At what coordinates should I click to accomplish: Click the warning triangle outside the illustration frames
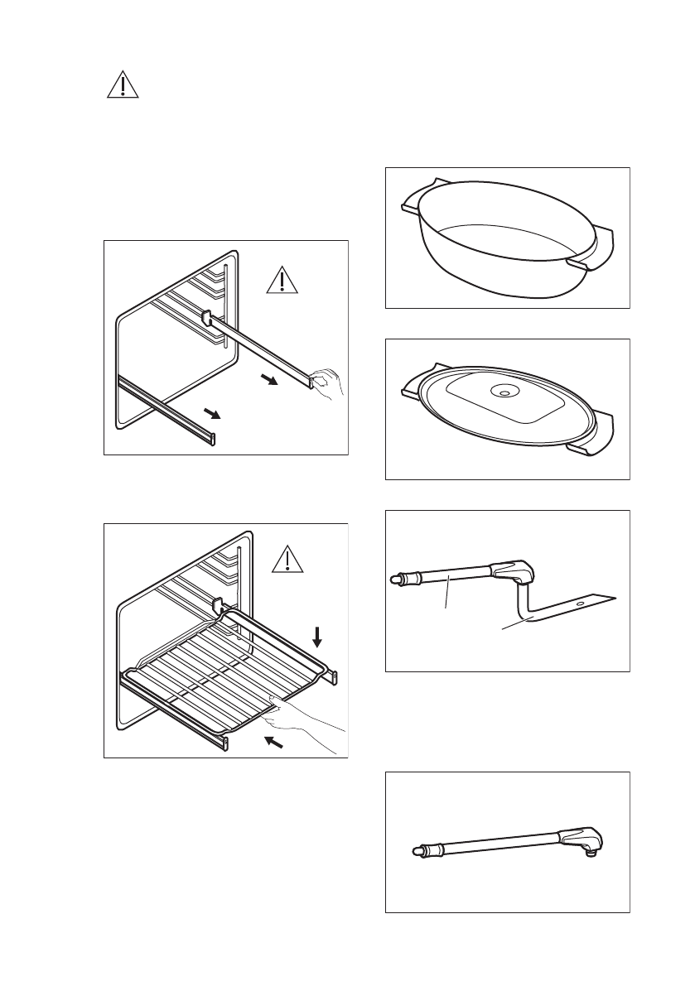pos(123,84)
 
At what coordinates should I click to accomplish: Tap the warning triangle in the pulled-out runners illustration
pos(282,279)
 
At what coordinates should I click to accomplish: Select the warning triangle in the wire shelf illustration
pos(287,560)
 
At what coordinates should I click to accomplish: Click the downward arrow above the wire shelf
pos(316,637)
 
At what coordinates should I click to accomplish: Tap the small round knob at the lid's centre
pos(501,392)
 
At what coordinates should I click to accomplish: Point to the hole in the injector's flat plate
pos(578,605)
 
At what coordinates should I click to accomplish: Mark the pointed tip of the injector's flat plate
pos(615,595)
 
